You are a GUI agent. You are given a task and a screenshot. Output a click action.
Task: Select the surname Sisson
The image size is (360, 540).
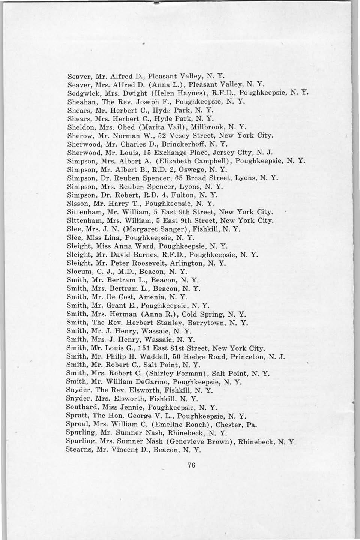coord(76,204)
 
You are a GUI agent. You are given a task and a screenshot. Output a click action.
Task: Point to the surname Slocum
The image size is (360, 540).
coord(77,271)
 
